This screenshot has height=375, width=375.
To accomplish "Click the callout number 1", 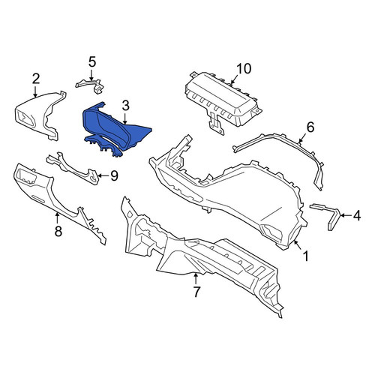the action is click(306, 256).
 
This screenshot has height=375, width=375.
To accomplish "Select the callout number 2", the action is click(36, 79).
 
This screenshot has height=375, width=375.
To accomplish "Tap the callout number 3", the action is click(126, 106).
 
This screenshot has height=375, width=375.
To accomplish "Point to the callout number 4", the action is click(357, 215).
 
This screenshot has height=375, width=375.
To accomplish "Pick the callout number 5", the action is click(92, 62).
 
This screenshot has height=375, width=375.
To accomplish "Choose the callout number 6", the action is click(310, 127).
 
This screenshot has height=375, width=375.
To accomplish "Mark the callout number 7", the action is click(196, 292).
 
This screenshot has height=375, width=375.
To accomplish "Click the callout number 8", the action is click(58, 231).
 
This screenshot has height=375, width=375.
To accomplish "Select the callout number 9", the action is click(114, 176).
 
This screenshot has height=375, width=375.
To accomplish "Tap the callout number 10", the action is click(244, 68).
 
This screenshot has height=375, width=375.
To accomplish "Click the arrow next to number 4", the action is click(346, 215).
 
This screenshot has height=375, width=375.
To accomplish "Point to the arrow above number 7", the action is click(196, 279).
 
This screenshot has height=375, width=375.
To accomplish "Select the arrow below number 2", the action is click(35, 91).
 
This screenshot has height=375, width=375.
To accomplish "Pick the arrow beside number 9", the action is click(103, 175).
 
